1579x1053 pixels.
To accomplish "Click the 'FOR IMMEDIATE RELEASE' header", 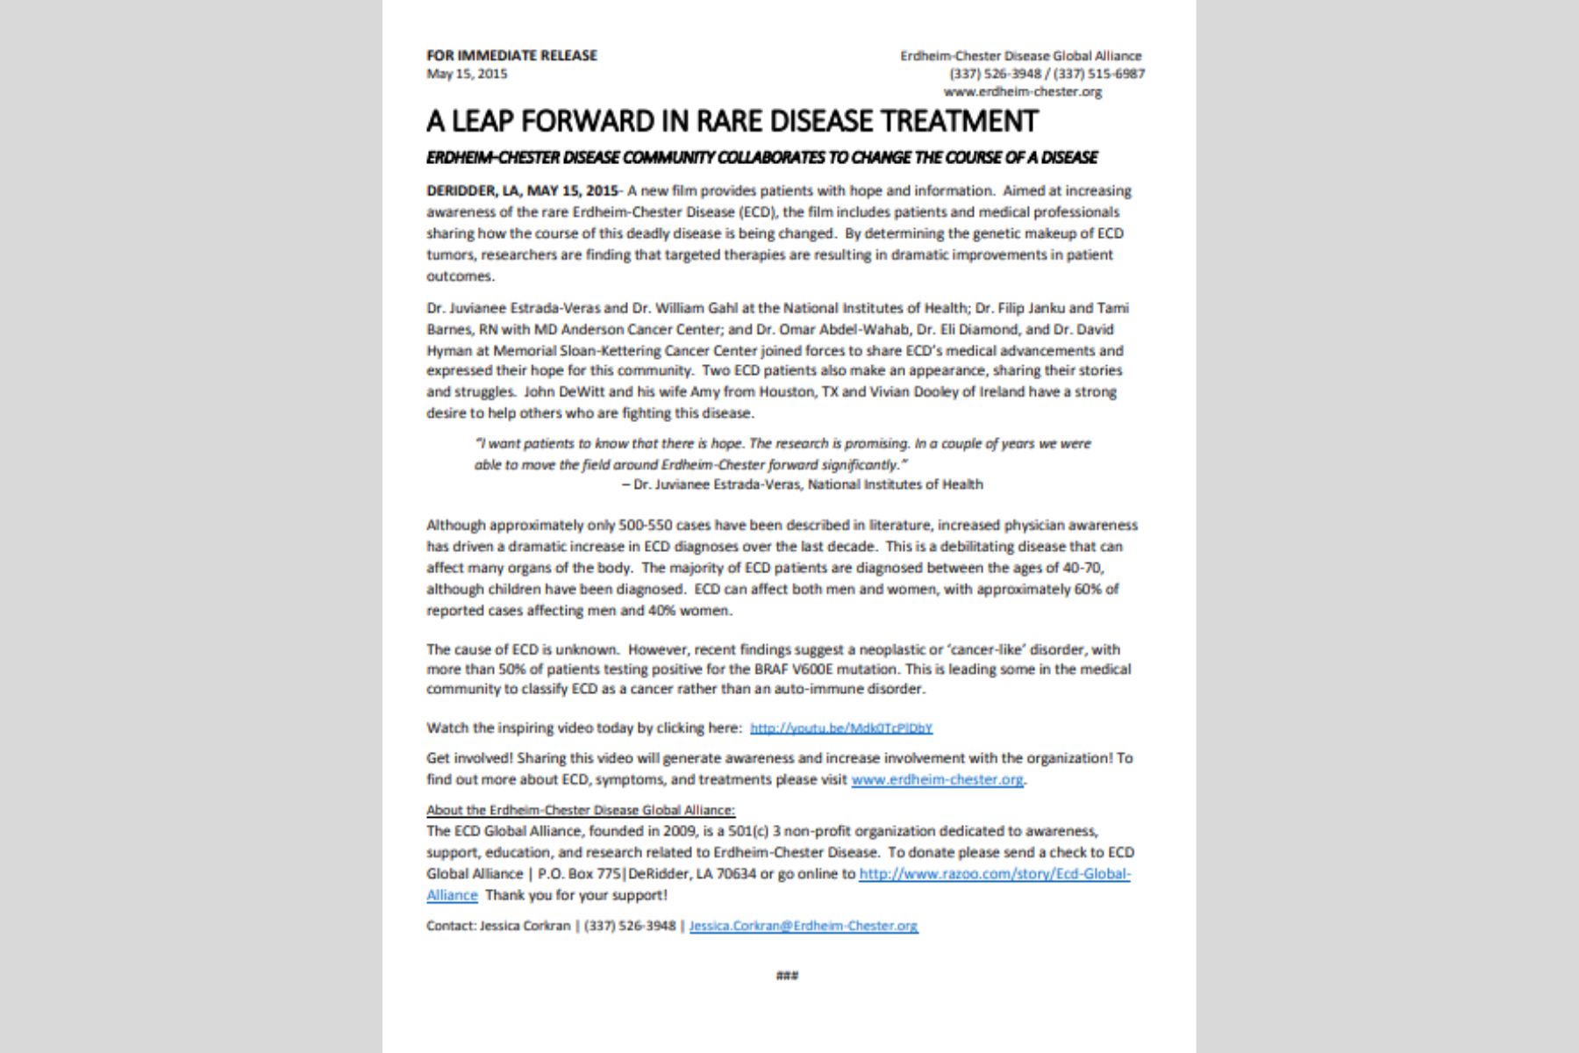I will [x=511, y=55].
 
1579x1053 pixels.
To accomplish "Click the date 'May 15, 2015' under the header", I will [x=467, y=74].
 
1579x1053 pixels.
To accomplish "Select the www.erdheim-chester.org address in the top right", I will [x=1023, y=91].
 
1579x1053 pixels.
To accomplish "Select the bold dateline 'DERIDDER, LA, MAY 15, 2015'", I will [x=522, y=190].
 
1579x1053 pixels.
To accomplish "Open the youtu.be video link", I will [x=840, y=728].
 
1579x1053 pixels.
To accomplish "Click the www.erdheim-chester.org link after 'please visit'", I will [x=937, y=779].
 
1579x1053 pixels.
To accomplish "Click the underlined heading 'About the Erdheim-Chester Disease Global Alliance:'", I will [x=581, y=810].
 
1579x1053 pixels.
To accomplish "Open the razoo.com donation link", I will [x=994, y=874].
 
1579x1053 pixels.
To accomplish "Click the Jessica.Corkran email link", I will [x=804, y=926].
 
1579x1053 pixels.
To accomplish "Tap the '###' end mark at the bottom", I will [x=788, y=976].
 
